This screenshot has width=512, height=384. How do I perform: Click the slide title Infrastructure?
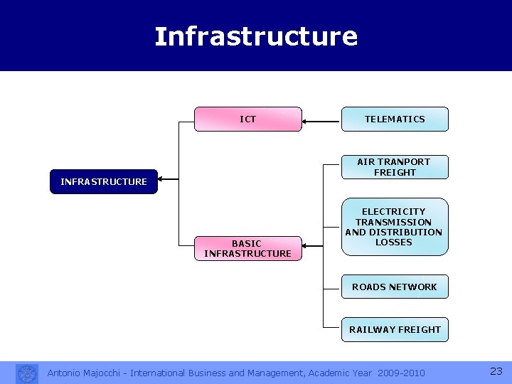pos(256,36)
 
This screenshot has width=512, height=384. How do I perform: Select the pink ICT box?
pos(248,119)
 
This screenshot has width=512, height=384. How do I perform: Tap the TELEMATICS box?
pos(395,119)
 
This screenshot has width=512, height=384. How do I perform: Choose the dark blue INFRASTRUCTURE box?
pos(104,182)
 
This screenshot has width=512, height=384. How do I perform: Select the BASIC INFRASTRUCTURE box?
pos(247,248)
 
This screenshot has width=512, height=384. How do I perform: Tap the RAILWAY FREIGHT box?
pos(395,329)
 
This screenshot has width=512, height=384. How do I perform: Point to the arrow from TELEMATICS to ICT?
pos(321,122)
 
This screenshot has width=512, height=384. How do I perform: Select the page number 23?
pos(496,371)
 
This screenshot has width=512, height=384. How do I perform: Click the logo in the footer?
pos(27,373)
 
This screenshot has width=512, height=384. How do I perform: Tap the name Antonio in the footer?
pos(65,373)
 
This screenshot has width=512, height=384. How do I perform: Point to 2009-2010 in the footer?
pos(402,373)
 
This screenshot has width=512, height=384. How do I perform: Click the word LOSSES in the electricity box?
pos(394,242)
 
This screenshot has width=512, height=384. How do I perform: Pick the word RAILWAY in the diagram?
pos(372,329)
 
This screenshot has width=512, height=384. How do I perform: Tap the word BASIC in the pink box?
pos(247,243)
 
